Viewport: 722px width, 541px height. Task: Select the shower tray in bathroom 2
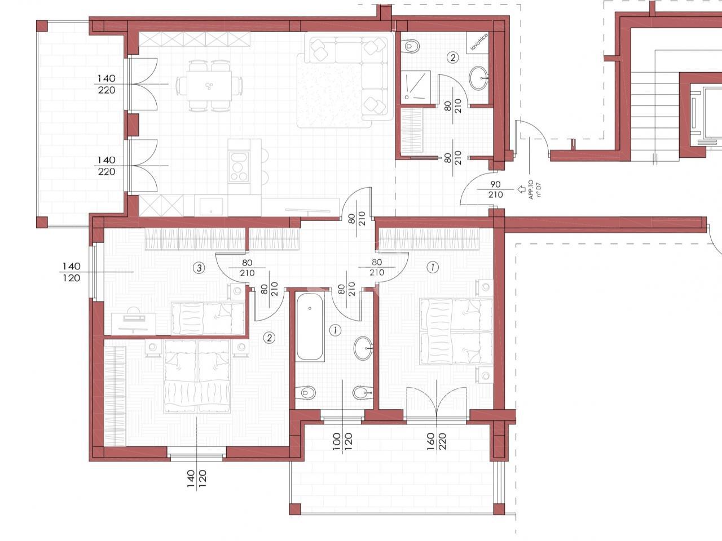(x=416, y=86)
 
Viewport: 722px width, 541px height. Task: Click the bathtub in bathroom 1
(x=310, y=327)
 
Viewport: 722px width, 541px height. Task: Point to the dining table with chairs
(x=209, y=86)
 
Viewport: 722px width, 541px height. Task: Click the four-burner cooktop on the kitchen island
(x=239, y=167)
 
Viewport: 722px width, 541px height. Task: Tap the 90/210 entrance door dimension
(x=495, y=189)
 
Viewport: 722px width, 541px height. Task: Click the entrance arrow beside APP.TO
(x=521, y=189)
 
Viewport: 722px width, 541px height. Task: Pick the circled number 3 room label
(x=199, y=268)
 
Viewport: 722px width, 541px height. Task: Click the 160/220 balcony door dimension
(x=436, y=441)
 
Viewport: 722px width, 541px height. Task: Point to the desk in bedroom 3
(x=134, y=323)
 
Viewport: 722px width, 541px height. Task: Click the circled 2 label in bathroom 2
(x=452, y=58)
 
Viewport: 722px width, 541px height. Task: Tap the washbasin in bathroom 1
(x=363, y=348)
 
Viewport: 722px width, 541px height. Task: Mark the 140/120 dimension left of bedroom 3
(x=72, y=272)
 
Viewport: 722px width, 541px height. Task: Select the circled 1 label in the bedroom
(x=432, y=267)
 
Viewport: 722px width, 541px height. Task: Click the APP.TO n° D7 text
(x=534, y=189)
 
